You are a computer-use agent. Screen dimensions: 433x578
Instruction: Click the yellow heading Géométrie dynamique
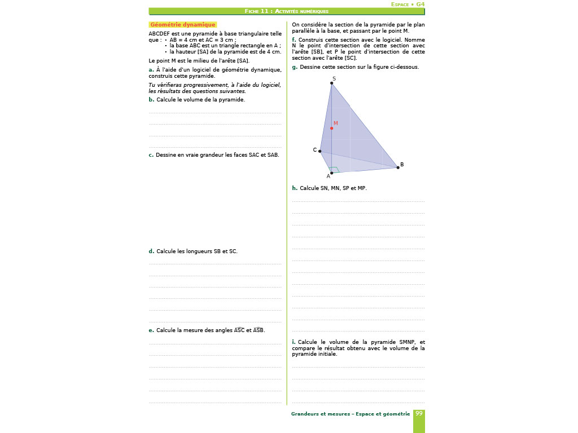tap(182, 25)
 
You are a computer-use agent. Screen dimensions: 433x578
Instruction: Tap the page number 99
tap(419, 413)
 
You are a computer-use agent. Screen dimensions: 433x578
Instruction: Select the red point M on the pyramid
tap(331, 128)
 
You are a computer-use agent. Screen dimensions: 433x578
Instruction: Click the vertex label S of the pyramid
tap(334, 78)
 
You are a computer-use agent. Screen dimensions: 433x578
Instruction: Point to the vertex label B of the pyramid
tap(402, 165)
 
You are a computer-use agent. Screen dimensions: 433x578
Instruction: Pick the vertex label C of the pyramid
tap(315, 150)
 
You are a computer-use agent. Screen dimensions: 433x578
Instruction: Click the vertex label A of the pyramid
tap(328, 176)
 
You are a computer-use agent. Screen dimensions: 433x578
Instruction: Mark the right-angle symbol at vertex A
tap(335, 169)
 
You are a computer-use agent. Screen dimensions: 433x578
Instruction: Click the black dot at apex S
tap(331, 83)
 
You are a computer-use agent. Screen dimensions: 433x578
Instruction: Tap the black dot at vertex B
tap(397, 167)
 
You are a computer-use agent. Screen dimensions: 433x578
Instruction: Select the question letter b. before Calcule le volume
tap(151, 100)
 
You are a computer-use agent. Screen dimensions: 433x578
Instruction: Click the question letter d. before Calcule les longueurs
tap(151, 251)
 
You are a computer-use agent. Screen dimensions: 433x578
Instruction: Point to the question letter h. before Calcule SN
tap(294, 188)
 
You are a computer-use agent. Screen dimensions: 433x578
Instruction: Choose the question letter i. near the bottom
tap(294, 342)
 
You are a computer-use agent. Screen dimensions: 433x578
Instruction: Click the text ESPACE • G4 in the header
tap(408, 4)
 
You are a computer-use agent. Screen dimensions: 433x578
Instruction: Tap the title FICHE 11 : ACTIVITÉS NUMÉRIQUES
tap(287, 11)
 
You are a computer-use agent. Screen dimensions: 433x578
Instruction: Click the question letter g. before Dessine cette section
tap(295, 67)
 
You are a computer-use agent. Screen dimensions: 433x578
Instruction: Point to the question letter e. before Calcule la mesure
tap(151, 330)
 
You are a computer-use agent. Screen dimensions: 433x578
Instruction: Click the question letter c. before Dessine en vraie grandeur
tap(151, 155)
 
